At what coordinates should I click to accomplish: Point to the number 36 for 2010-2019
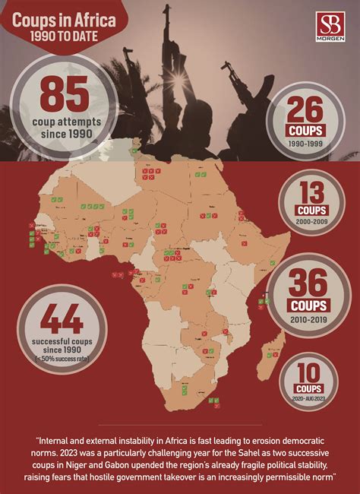[308, 283]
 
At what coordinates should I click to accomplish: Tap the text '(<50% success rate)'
[52, 359]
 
